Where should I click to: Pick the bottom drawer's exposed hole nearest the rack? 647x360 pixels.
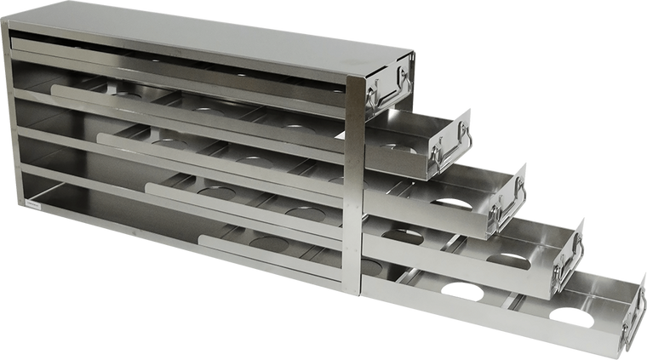click(462, 289)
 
